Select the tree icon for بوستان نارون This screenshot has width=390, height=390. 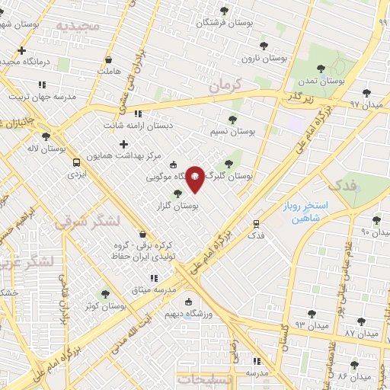[x=264, y=46]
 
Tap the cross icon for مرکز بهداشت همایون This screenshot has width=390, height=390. [x=123, y=144]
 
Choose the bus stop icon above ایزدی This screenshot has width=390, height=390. [x=76, y=162]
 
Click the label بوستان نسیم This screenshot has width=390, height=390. [x=232, y=131]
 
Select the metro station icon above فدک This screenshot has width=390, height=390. [x=256, y=225]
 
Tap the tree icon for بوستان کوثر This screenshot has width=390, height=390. [x=106, y=293]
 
